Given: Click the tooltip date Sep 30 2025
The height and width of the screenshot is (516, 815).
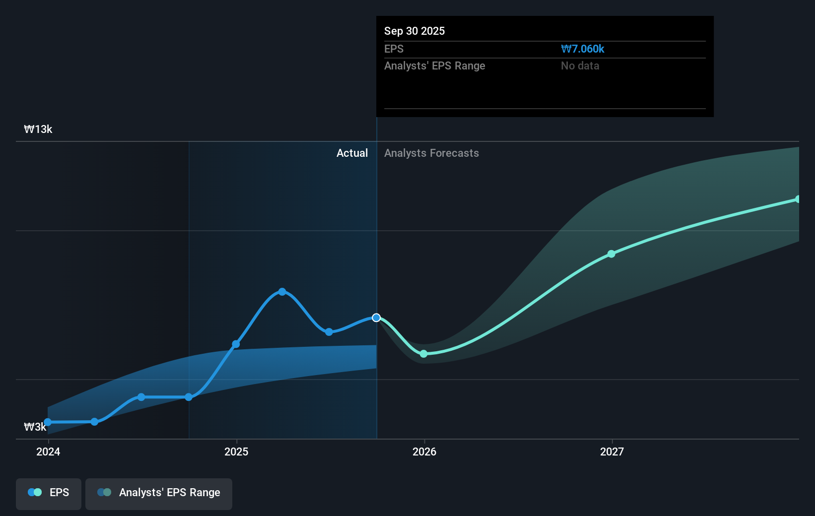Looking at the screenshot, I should (x=414, y=31).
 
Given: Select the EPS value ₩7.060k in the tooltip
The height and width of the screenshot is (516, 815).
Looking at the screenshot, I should (x=582, y=49).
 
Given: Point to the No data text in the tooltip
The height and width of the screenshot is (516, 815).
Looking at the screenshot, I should (x=580, y=65).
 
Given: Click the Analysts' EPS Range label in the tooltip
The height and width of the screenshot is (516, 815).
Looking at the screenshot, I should (x=434, y=65).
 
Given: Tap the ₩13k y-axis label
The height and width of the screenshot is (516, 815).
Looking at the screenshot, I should (x=38, y=129).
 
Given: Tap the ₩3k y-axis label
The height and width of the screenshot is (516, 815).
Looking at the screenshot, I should (x=35, y=427).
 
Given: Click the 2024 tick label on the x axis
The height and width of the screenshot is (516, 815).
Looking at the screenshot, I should (x=48, y=451).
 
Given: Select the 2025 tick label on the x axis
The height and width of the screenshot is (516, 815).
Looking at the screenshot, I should (x=236, y=451).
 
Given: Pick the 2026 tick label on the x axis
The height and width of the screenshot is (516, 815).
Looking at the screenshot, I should (x=424, y=451).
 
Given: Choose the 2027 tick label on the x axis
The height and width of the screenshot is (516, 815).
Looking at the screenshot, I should (x=611, y=451).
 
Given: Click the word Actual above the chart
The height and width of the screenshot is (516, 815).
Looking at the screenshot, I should (x=352, y=153).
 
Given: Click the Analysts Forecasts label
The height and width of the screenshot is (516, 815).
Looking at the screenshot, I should (x=431, y=153).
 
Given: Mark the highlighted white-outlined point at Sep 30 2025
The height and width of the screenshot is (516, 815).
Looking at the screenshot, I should (x=376, y=318).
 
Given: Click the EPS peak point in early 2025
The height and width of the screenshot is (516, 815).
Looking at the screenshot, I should (x=282, y=292).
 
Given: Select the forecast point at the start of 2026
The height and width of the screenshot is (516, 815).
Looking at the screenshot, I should (x=423, y=354).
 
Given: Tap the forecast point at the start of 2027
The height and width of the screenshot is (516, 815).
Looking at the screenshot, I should (x=611, y=254).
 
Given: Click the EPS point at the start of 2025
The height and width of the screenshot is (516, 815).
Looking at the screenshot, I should (x=236, y=344).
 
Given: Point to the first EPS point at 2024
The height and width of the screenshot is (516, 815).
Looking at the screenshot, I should (x=48, y=422).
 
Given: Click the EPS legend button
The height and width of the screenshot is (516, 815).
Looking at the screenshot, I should (x=49, y=493).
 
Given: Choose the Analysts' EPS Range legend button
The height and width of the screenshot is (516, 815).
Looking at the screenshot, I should (x=159, y=493).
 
